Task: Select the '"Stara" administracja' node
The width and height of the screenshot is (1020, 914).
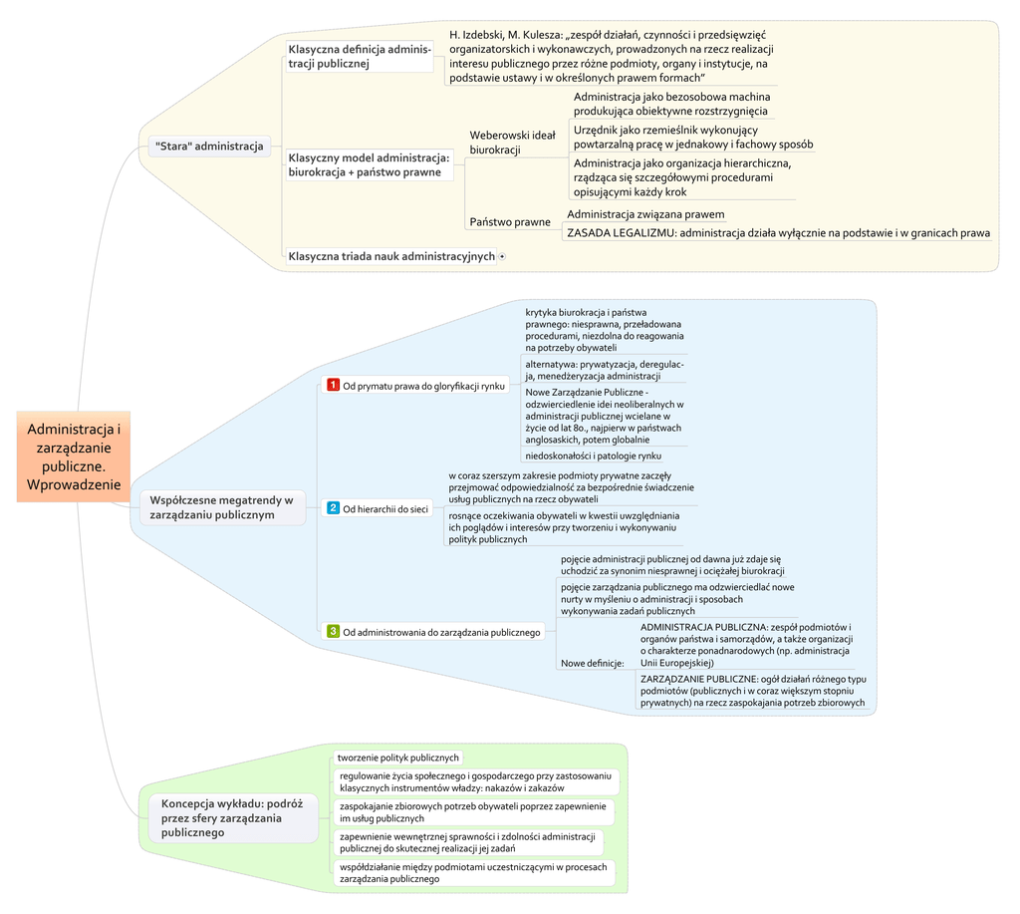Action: pyautogui.click(x=209, y=147)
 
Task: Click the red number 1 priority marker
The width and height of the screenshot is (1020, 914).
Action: pyautogui.click(x=334, y=385)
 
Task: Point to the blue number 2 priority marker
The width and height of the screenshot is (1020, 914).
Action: pyautogui.click(x=334, y=508)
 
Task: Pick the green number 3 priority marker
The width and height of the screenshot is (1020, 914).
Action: pyautogui.click(x=334, y=631)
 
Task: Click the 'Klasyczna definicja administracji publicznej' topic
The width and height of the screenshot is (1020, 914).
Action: pyautogui.click(x=359, y=56)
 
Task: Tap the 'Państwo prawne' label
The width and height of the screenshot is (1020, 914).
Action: pyautogui.click(x=510, y=221)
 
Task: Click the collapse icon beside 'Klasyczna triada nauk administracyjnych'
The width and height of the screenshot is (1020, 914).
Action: pyautogui.click(x=502, y=256)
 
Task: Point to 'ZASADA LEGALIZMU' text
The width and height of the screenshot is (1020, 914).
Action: pyautogui.click(x=615, y=233)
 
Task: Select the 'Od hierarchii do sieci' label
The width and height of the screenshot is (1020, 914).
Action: pyautogui.click(x=385, y=509)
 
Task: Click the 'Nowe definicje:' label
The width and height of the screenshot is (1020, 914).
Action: pyautogui.click(x=593, y=663)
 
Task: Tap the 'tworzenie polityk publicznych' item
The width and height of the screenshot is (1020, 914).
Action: pyautogui.click(x=397, y=758)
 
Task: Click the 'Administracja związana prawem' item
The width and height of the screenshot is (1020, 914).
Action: pyautogui.click(x=645, y=214)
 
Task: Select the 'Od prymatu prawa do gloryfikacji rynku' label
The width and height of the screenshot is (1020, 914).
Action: pyautogui.click(x=424, y=386)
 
